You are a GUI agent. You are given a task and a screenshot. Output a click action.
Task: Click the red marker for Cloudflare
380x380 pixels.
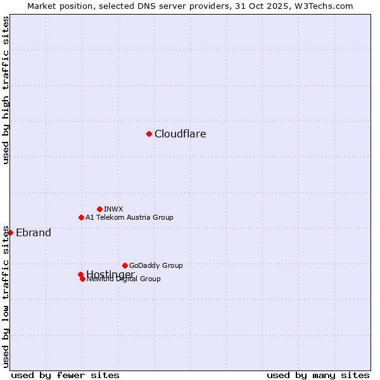[149, 134]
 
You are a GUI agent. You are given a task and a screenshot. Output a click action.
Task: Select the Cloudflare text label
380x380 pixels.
[180, 134]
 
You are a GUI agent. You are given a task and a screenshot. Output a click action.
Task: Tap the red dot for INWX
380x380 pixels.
[99, 209]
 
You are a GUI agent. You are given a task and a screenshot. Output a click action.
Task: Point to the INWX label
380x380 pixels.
[113, 209]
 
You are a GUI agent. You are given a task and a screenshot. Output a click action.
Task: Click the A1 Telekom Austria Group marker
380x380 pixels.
[81, 217]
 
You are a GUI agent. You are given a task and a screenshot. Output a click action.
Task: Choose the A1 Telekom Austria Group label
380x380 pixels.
[129, 217]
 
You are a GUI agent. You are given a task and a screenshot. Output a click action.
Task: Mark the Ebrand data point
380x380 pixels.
[10, 232]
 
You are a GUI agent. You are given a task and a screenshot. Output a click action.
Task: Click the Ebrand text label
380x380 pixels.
[33, 233]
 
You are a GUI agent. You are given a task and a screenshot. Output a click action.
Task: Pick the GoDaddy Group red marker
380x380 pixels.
[125, 265]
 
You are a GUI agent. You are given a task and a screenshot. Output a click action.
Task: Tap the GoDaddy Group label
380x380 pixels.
[156, 265]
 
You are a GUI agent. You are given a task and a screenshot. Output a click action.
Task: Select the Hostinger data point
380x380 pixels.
[80, 274]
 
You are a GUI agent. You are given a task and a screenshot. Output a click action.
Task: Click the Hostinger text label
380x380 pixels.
[110, 274]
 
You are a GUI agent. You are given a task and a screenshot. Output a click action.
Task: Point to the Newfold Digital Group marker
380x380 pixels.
[82, 279]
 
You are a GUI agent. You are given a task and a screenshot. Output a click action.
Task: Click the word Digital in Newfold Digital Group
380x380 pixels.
[126, 279]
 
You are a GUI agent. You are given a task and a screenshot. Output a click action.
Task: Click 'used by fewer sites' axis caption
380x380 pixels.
[65, 376]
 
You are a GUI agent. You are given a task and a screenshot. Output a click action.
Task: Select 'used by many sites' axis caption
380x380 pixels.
[318, 376]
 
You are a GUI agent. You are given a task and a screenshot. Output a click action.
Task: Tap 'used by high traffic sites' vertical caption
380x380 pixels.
[6, 90]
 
